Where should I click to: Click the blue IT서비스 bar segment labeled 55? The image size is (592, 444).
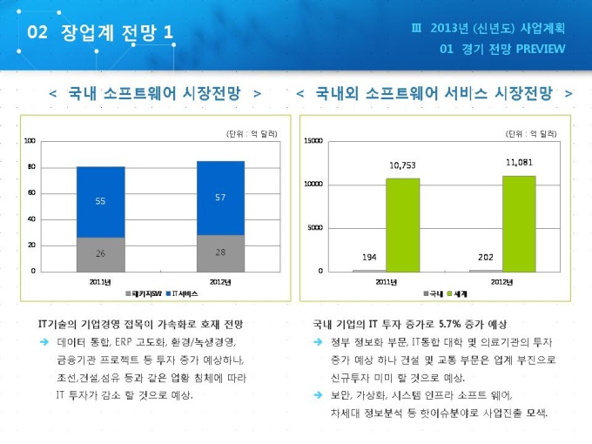[x=100, y=201]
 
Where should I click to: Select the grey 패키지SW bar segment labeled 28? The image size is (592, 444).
[x=220, y=252]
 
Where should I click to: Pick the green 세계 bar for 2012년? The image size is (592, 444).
[x=518, y=223]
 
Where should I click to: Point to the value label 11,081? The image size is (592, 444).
[x=518, y=162]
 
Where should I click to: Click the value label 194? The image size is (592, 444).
[x=369, y=258]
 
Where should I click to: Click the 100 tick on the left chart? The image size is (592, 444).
[x=30, y=141]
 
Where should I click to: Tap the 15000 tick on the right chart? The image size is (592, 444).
[x=313, y=141]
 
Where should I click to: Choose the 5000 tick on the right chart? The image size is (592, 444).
[x=314, y=228]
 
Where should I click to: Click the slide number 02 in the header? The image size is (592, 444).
[x=37, y=32]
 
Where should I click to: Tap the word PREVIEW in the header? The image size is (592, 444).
[x=541, y=49]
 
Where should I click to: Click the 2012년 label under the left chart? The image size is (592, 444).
[x=220, y=281]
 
